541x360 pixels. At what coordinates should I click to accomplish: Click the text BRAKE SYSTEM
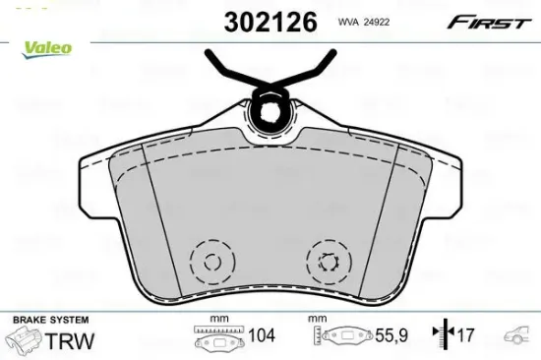pos(50,320)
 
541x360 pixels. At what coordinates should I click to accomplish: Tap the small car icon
pos(519,336)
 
